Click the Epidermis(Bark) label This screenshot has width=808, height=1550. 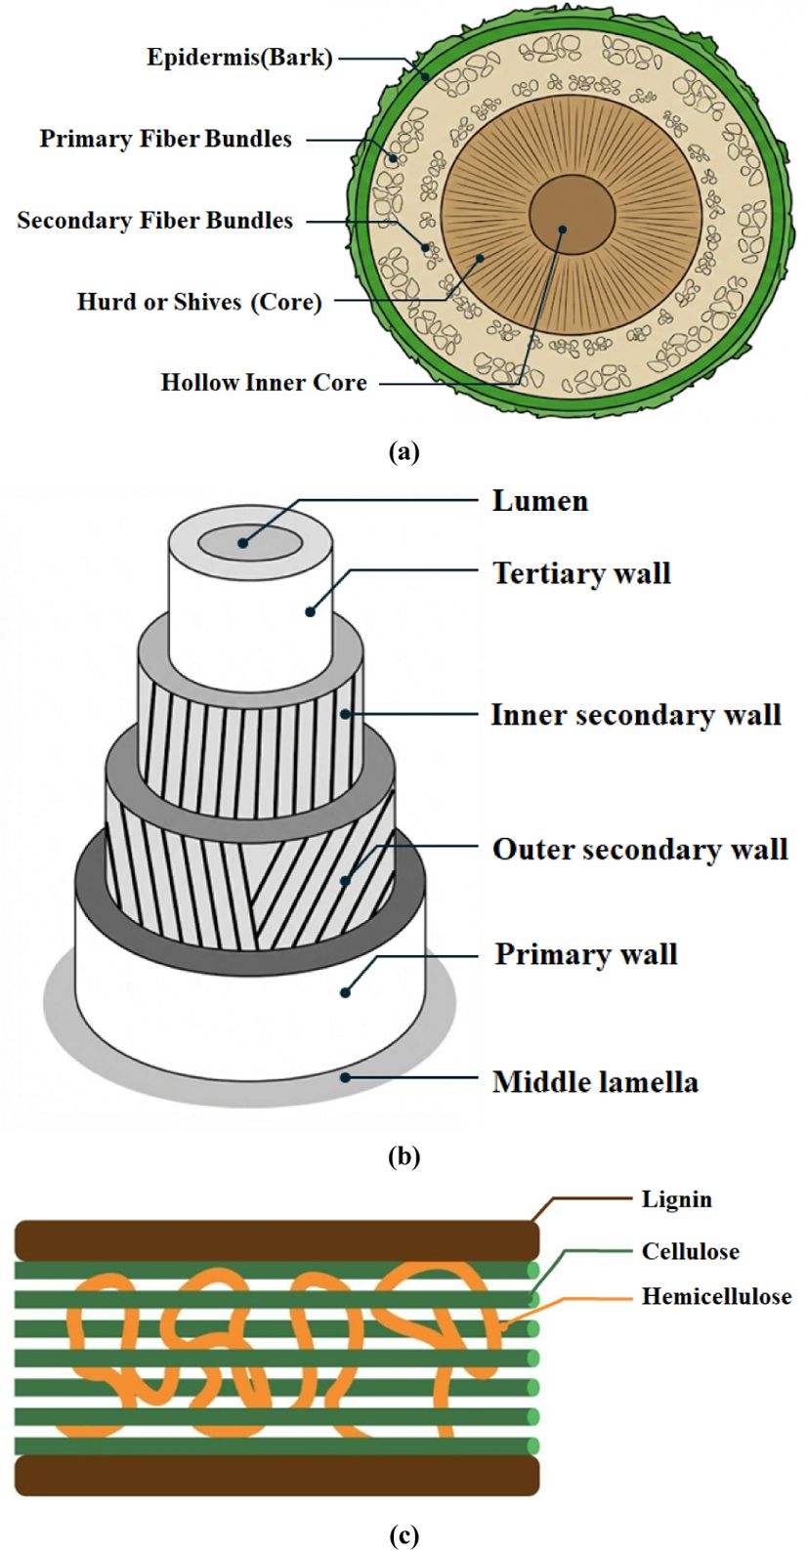pyautogui.click(x=239, y=58)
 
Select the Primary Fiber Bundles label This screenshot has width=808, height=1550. pyautogui.click(x=165, y=139)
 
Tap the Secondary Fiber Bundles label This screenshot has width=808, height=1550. pyautogui.click(x=154, y=220)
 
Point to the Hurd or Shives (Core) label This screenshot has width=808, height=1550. pyautogui.click(x=199, y=301)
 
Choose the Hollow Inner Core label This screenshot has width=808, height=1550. pyautogui.click(x=264, y=382)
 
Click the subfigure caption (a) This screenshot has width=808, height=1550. pyautogui.click(x=404, y=451)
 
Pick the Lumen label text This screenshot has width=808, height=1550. pyautogui.click(x=539, y=501)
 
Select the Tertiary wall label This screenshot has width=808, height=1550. pyautogui.click(x=581, y=572)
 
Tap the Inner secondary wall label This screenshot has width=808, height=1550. pyautogui.click(x=635, y=715)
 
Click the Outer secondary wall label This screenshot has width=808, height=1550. pyautogui.click(x=639, y=849)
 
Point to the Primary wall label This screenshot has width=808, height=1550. pyautogui.click(x=585, y=953)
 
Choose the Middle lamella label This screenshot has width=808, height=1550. pyautogui.click(x=595, y=1082)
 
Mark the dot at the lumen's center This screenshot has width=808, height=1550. pyautogui.click(x=242, y=542)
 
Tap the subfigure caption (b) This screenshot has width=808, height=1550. pyautogui.click(x=404, y=1156)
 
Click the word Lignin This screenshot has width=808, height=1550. pyautogui.click(x=676, y=1199)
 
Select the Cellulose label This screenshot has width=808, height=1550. pyautogui.click(x=690, y=1251)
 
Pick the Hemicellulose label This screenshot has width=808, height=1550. pyautogui.click(x=716, y=1297)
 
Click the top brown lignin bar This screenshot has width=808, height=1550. pyautogui.click(x=274, y=1239)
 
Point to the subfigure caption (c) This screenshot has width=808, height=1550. pyautogui.click(x=404, y=1535)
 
